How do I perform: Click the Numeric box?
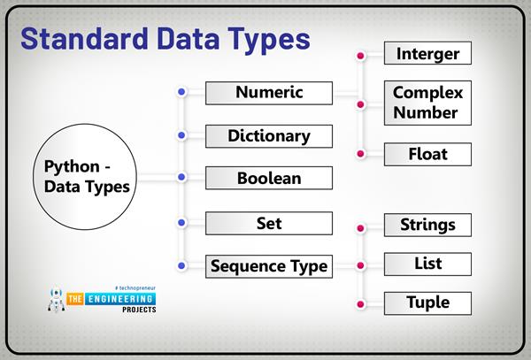click(x=269, y=92)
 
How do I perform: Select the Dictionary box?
click(x=269, y=136)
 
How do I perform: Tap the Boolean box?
click(x=269, y=178)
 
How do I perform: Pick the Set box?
click(x=269, y=223)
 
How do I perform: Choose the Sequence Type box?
click(x=269, y=264)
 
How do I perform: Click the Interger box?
click(x=428, y=54)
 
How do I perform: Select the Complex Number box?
click(x=428, y=103)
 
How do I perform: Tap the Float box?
click(x=428, y=154)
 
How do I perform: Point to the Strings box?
click(x=428, y=225)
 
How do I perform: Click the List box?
click(x=428, y=264)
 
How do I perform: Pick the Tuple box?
click(x=428, y=303)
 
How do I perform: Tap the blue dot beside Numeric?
click(x=181, y=92)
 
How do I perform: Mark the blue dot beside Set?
click(x=181, y=223)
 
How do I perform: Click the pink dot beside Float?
click(x=359, y=154)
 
